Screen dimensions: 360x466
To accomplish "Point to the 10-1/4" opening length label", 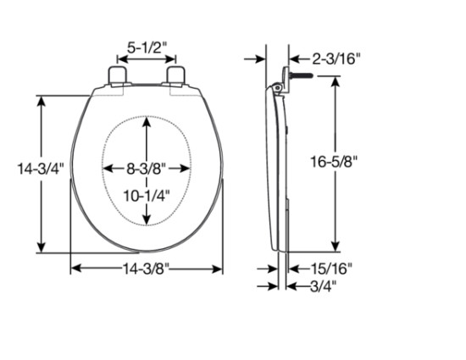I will (147, 195).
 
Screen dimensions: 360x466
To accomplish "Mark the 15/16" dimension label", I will (327, 269).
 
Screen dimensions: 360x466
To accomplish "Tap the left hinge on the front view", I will (116, 75).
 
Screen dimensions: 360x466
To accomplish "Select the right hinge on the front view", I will (176, 75).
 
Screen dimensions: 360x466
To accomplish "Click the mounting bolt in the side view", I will (296, 77).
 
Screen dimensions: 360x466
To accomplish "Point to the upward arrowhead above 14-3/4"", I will (41, 100).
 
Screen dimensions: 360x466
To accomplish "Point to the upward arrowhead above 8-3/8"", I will (147, 121).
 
